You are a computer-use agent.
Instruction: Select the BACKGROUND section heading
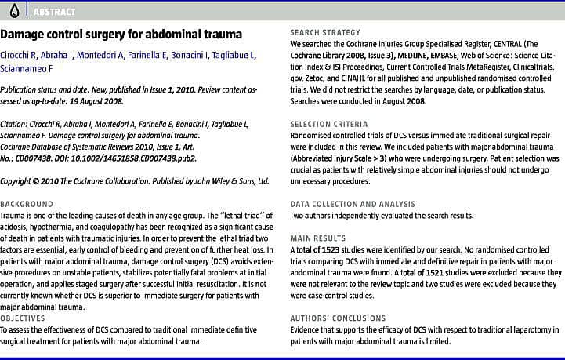27,204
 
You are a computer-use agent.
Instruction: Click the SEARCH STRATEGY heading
325,32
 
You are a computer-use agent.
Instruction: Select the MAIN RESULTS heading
317,237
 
